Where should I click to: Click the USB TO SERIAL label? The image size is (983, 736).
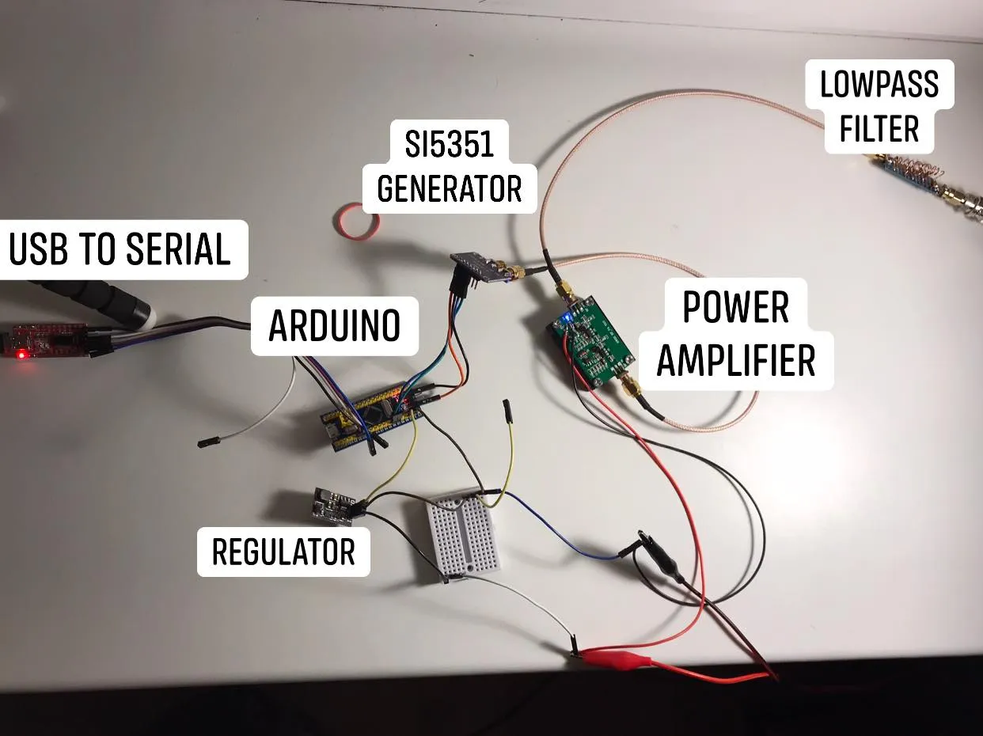coord(120,249)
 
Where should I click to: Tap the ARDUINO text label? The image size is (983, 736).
coord(334,326)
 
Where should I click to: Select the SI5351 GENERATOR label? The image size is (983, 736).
coord(449,167)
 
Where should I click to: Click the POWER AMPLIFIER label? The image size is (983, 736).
coord(735,334)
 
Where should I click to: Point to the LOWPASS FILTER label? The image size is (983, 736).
coord(879,106)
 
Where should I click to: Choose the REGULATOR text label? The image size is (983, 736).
coord(283,552)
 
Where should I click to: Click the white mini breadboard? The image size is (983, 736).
coord(463,530)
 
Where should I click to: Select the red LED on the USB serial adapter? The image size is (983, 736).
coord(22,353)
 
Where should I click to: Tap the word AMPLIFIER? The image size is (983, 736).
coord(735,361)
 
